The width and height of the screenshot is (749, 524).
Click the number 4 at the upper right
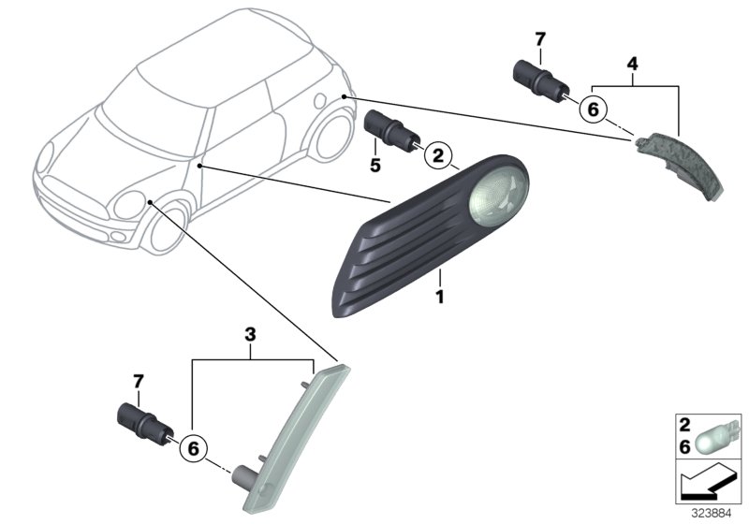[x=632, y=65]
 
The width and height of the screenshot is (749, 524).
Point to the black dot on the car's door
[x=199, y=166]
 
